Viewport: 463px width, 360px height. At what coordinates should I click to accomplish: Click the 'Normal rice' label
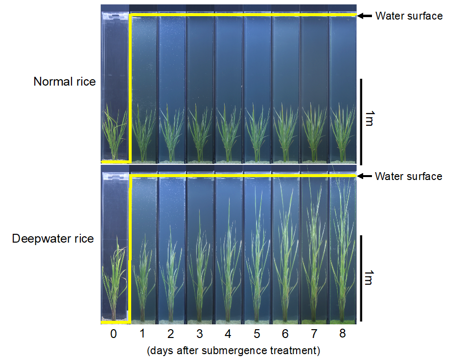pos(65,82)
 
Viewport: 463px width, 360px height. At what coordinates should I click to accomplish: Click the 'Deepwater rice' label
pos(53,239)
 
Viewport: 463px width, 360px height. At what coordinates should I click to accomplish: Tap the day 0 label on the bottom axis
pos(114,335)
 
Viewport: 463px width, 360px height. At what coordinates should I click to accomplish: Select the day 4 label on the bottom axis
pos(228,335)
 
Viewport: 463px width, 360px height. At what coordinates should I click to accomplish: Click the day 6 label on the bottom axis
pos(285,335)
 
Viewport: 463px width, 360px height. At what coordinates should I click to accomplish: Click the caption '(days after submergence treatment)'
pos(233,350)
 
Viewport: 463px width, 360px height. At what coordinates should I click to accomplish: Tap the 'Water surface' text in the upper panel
pos(409,16)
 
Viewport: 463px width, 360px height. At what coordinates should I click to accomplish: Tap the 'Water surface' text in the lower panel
pos(408,176)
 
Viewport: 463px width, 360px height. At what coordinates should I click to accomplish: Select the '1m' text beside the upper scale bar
pos(370,119)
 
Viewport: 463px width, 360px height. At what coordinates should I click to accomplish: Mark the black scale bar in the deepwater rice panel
pos(361,278)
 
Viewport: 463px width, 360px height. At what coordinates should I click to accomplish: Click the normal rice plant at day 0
pos(115,132)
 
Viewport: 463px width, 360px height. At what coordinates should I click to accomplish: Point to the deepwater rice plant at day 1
pos(143,284)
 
